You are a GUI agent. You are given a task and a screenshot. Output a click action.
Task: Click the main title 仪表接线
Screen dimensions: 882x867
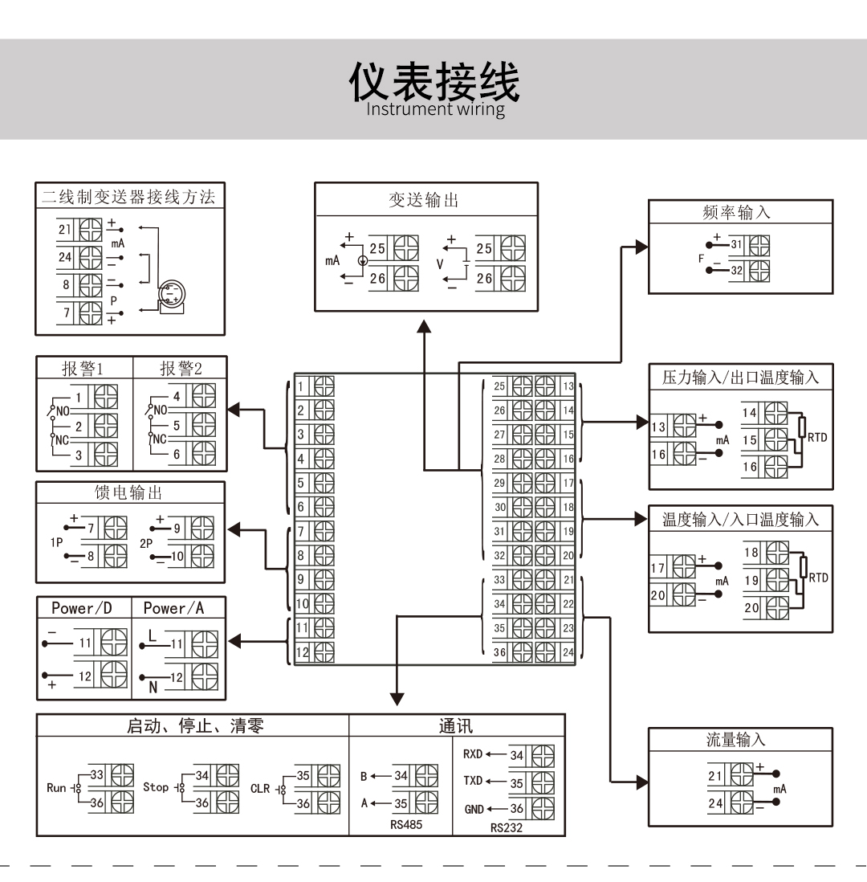pyautogui.click(x=433, y=83)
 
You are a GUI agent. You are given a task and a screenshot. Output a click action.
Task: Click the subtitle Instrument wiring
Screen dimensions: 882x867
pyautogui.click(x=435, y=109)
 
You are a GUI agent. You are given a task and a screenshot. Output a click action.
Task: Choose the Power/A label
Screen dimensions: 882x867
pyautogui.click(x=173, y=608)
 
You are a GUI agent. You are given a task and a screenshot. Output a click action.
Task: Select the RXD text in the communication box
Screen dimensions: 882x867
pyautogui.click(x=474, y=755)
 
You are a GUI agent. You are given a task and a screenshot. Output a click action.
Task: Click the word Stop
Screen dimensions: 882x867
pyautogui.click(x=156, y=787)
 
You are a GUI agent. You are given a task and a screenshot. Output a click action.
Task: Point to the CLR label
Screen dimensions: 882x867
pyautogui.click(x=260, y=788)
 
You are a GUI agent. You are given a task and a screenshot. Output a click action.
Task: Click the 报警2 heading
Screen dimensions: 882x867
pyautogui.click(x=181, y=369)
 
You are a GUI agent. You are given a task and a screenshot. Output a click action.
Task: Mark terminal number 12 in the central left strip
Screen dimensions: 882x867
pyautogui.click(x=302, y=651)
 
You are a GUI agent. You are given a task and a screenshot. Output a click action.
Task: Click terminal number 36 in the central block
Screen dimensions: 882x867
pyautogui.click(x=499, y=652)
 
